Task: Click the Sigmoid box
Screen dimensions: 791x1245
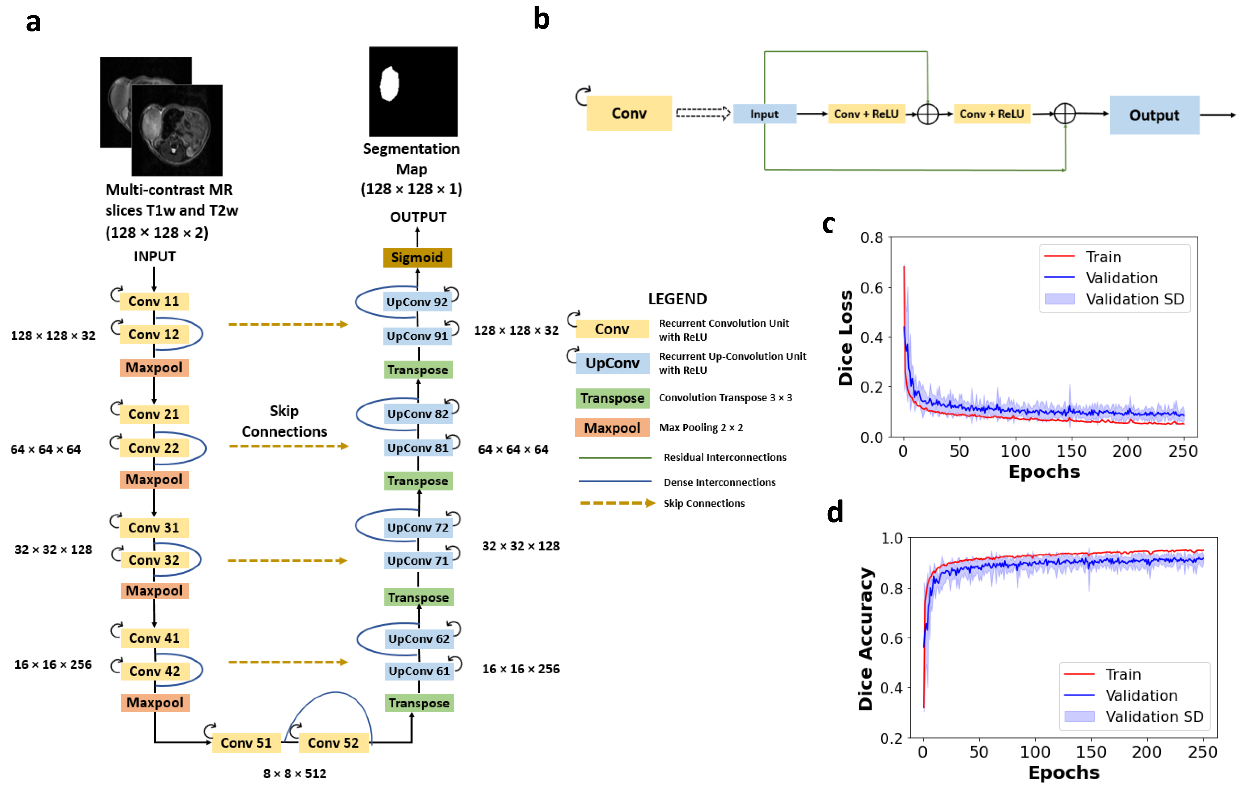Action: click(417, 257)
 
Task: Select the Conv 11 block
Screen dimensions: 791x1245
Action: click(154, 301)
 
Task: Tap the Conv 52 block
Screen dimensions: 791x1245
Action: click(333, 743)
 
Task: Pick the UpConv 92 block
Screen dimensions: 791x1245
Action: click(417, 302)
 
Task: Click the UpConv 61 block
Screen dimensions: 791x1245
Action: click(419, 671)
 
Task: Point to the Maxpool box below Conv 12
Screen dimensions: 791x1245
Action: click(154, 368)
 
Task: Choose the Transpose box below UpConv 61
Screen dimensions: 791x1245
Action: click(419, 703)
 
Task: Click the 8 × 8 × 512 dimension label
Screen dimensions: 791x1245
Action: click(295, 774)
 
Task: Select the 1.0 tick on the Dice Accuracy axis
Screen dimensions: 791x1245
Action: click(892, 538)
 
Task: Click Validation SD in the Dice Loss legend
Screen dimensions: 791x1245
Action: click(1134, 299)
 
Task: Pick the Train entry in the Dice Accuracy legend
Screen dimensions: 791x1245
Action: click(1123, 674)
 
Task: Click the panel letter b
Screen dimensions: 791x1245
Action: click(541, 20)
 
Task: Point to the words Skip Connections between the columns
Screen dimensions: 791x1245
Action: click(285, 421)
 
